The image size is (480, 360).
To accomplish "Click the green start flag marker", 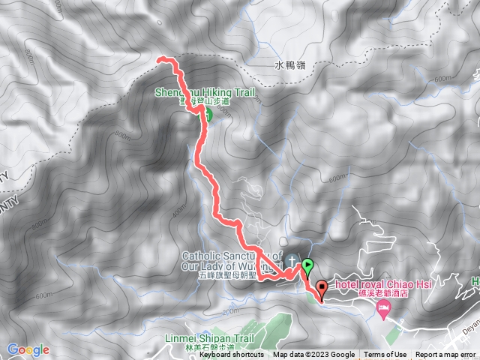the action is click(307, 265).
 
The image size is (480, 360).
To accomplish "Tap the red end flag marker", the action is click(322, 286).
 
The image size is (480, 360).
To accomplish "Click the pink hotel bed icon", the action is click(384, 309).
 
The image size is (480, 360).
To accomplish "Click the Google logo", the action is click(28, 349).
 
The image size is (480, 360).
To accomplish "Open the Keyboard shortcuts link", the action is click(232, 355).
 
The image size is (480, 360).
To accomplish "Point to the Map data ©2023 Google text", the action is click(314, 355).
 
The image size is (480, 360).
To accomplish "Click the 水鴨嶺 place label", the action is click(289, 66).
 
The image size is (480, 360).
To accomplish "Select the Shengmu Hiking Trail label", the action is click(205, 93).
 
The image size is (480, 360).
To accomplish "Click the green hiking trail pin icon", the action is click(206, 115).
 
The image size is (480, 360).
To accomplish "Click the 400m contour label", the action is click(178, 212).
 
